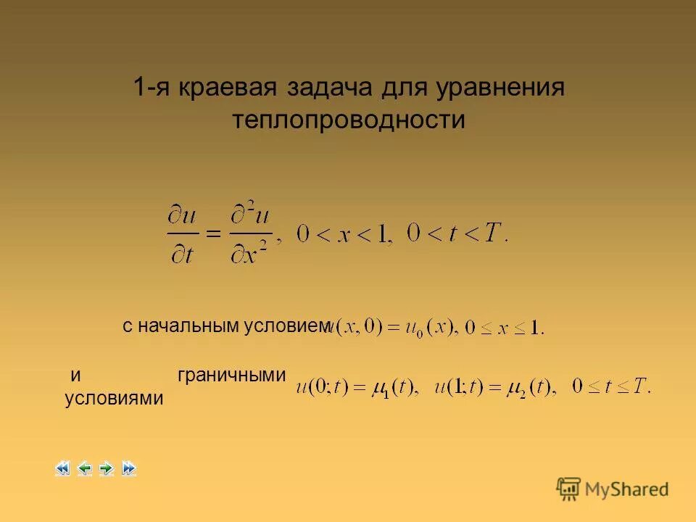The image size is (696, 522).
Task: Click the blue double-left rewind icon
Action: tap(62, 468)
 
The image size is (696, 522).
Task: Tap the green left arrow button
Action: tap(84, 468)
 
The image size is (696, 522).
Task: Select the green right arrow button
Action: tap(107, 468)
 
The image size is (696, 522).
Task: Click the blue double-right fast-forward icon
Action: tap(129, 468)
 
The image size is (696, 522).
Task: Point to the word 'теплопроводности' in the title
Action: tap(348, 120)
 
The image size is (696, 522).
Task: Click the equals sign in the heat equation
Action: tap(210, 233)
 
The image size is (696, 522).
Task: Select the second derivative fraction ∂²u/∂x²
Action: tap(252, 233)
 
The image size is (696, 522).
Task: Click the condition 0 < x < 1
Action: tap(344, 234)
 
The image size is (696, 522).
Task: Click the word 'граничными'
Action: tap(231, 375)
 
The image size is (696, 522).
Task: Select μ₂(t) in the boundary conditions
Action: tap(531, 387)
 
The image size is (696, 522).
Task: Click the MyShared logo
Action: tap(613, 489)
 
